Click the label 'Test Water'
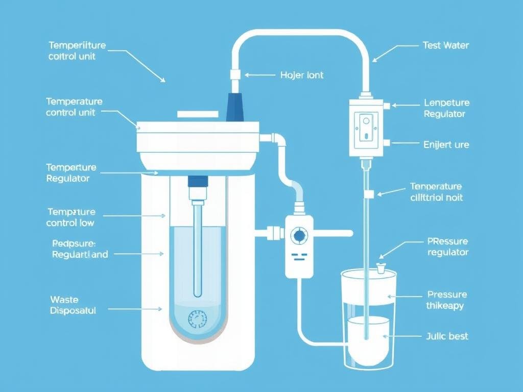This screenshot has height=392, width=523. pyautogui.click(x=445, y=45)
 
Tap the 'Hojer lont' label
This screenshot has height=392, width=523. pyautogui.click(x=302, y=75)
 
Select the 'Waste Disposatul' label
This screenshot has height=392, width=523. pyautogui.click(x=73, y=305)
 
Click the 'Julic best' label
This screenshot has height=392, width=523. pyautogui.click(x=447, y=336)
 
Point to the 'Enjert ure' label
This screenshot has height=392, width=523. pyautogui.click(x=446, y=144)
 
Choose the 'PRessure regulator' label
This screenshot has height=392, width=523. pyautogui.click(x=447, y=247)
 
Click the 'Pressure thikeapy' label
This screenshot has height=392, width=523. pyautogui.click(x=446, y=300)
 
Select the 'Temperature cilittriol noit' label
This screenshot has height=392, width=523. pyautogui.click(x=436, y=192)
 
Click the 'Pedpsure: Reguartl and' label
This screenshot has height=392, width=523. pyautogui.click(x=80, y=249)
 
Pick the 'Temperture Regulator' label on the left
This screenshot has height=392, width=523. pyautogui.click(x=71, y=173)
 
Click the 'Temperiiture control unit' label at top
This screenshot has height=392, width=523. pyautogui.click(x=77, y=51)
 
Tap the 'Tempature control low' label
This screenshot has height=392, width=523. pyautogui.click(x=71, y=217)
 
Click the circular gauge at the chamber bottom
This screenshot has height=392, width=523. pyautogui.click(x=196, y=320)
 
